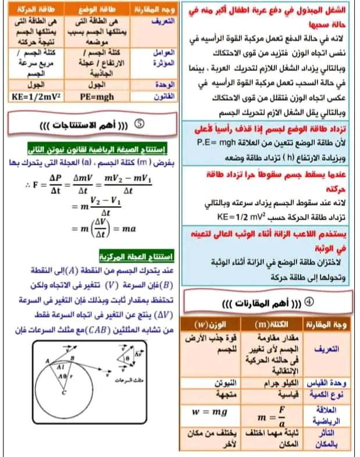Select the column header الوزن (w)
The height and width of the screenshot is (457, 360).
209,324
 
